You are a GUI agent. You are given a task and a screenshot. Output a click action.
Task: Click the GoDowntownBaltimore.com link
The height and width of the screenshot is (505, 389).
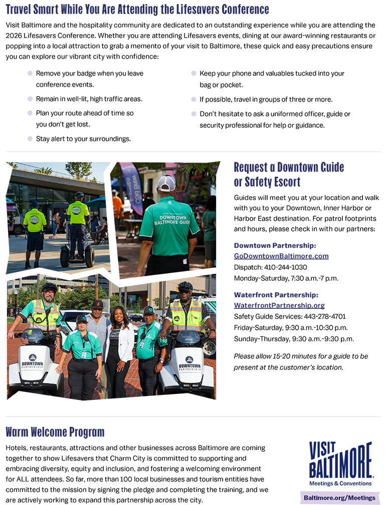pos(281,256)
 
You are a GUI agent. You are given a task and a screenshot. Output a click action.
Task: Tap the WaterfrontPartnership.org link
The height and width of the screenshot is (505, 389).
pos(279,305)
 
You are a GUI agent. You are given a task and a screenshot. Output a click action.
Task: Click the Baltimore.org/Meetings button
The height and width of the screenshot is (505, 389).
pos(339,497)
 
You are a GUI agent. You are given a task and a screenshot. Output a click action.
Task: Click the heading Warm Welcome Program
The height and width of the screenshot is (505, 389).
pos(55,432)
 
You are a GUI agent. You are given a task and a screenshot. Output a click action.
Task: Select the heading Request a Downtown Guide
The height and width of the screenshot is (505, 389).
pos(289,167)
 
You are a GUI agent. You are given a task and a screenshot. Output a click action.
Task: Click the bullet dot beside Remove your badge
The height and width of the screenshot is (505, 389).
pos(30,73)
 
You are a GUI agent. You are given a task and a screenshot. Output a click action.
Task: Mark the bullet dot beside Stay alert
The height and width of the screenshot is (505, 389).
pos(30,139)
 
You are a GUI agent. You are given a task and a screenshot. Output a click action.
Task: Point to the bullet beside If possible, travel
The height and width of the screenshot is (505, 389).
pos(194,99)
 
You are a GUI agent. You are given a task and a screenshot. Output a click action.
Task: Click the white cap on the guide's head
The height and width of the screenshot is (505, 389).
pos(166,183)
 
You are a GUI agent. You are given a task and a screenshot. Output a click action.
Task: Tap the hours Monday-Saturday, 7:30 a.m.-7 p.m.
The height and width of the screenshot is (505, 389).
pos(286,278)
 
